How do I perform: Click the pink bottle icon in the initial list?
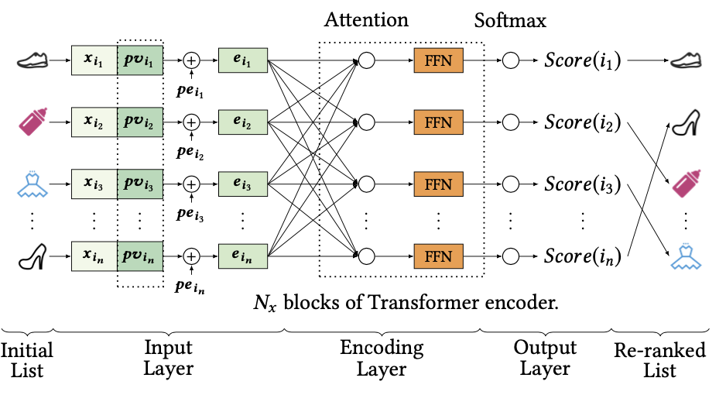pos(33,122)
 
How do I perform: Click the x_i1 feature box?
pos(94,59)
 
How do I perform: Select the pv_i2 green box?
pos(140,122)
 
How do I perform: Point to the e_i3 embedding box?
pos(243,185)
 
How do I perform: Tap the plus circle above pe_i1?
pos(190,59)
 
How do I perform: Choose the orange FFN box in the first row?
pos(438,59)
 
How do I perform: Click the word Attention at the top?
pos(366,18)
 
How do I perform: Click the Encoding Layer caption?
pos(382,359)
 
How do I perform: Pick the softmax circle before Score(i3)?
pos(510,185)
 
